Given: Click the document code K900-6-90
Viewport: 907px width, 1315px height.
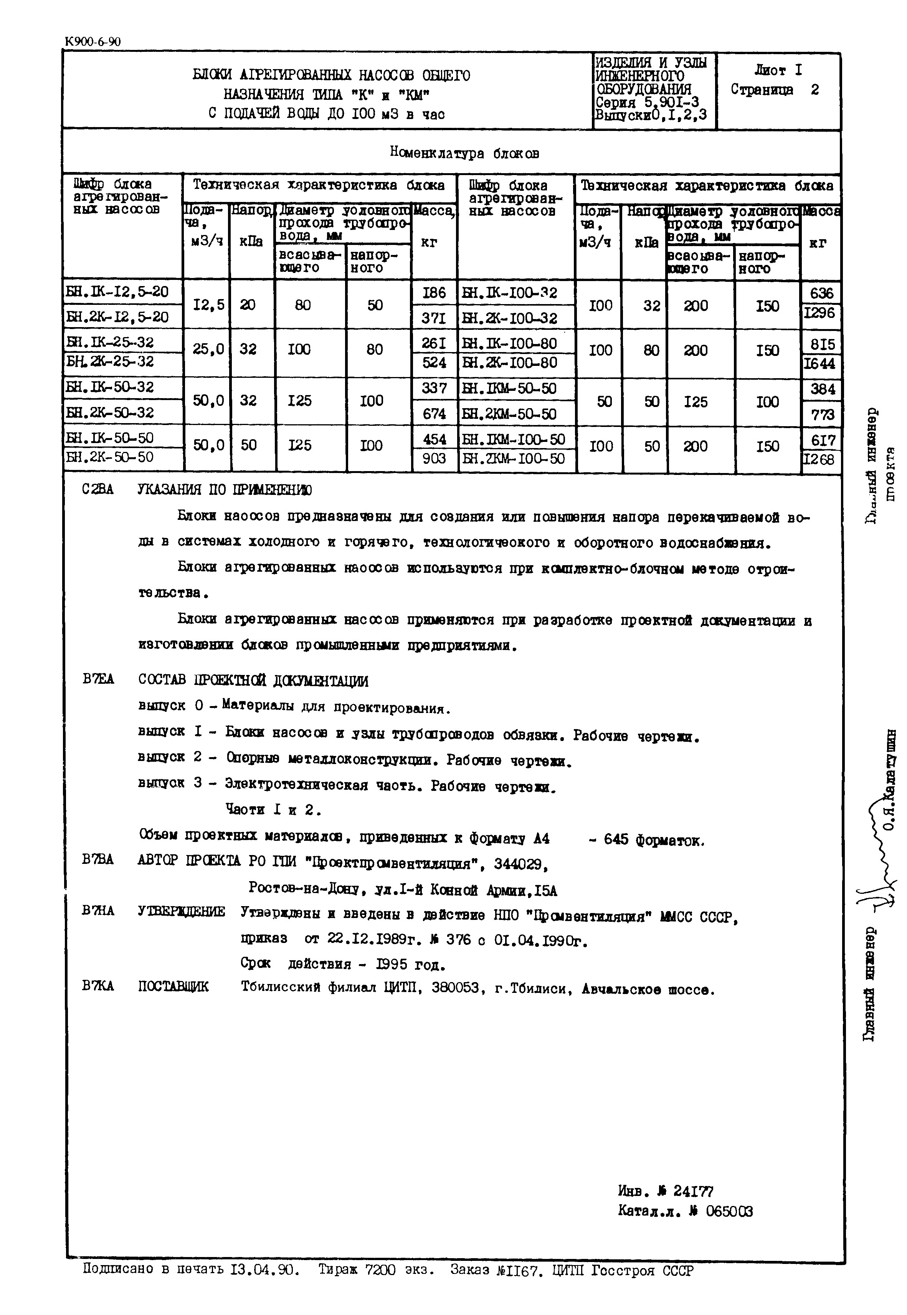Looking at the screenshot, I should (93, 41).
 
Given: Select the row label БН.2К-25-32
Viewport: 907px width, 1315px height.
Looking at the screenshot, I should (110, 362).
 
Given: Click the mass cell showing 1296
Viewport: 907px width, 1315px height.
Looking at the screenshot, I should (820, 313).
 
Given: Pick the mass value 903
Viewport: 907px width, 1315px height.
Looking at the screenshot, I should (434, 458).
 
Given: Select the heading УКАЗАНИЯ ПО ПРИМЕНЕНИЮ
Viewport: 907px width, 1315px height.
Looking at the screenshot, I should (225, 490).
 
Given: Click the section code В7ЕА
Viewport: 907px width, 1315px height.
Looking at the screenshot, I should (98, 679).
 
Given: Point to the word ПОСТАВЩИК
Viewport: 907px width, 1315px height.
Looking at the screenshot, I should (173, 986).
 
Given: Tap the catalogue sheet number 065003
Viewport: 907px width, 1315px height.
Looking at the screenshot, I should (729, 1212).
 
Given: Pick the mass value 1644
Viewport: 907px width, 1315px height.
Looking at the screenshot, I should (819, 364).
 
